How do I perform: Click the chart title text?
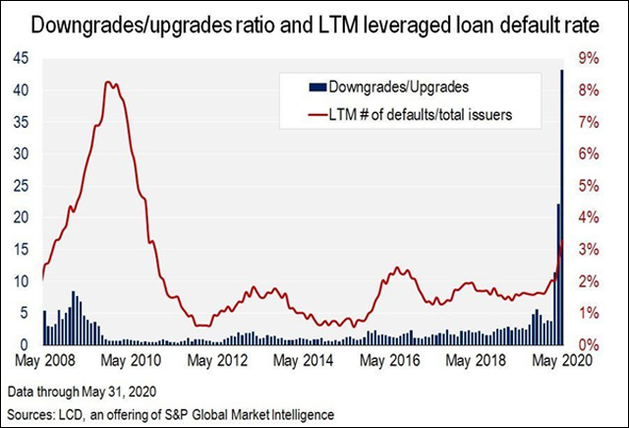(x=314, y=25)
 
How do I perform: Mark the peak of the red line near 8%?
(x=112, y=84)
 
